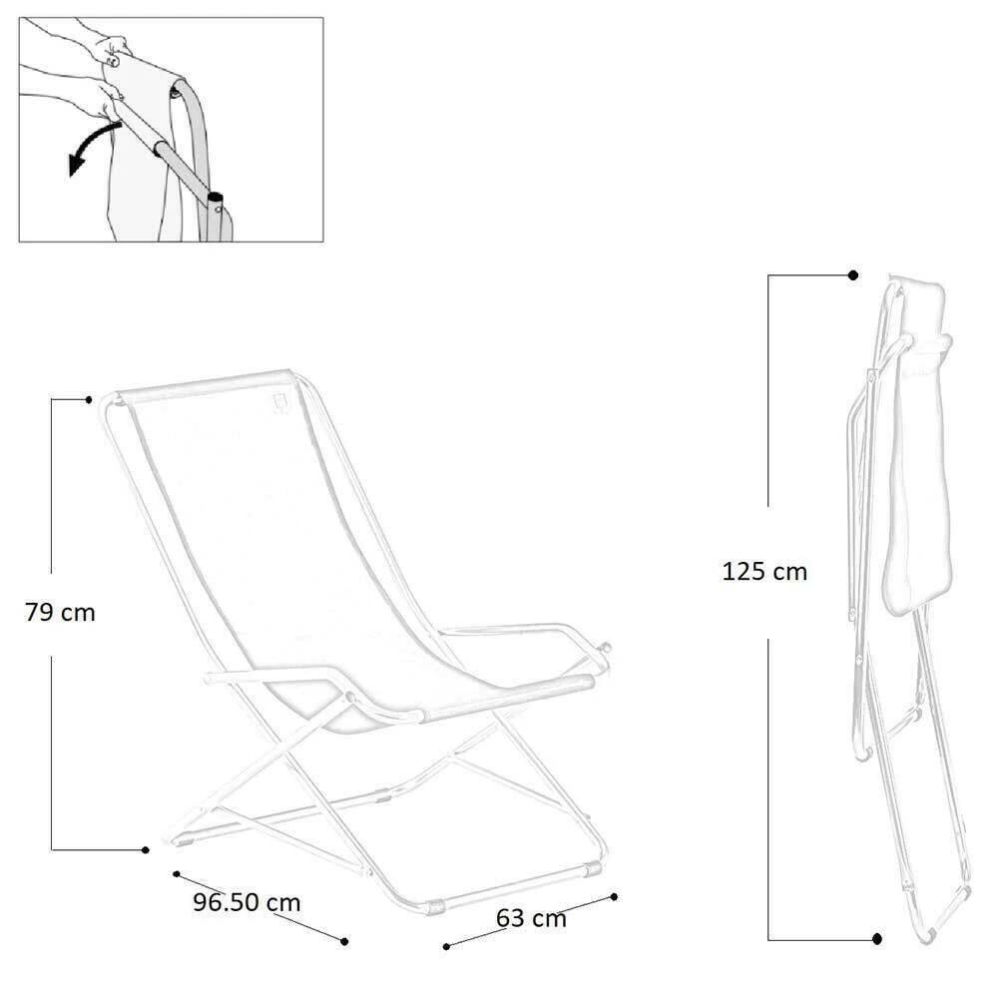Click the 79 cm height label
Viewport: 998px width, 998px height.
[60, 613]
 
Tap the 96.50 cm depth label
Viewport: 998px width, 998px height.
[247, 902]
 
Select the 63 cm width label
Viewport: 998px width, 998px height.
[531, 918]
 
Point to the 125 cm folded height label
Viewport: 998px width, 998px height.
[764, 572]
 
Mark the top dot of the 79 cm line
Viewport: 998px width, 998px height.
[89, 400]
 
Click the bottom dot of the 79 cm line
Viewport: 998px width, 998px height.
[145, 849]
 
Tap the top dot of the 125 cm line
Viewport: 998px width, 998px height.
[853, 275]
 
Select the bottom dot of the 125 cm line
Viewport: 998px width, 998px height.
[877, 939]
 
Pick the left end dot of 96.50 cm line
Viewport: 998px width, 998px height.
[177, 874]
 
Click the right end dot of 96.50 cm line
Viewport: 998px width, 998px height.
[344, 941]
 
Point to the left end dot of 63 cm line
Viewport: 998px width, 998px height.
[446, 946]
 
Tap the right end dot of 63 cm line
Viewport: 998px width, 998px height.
[614, 897]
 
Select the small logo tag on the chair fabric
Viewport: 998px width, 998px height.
[278, 402]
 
